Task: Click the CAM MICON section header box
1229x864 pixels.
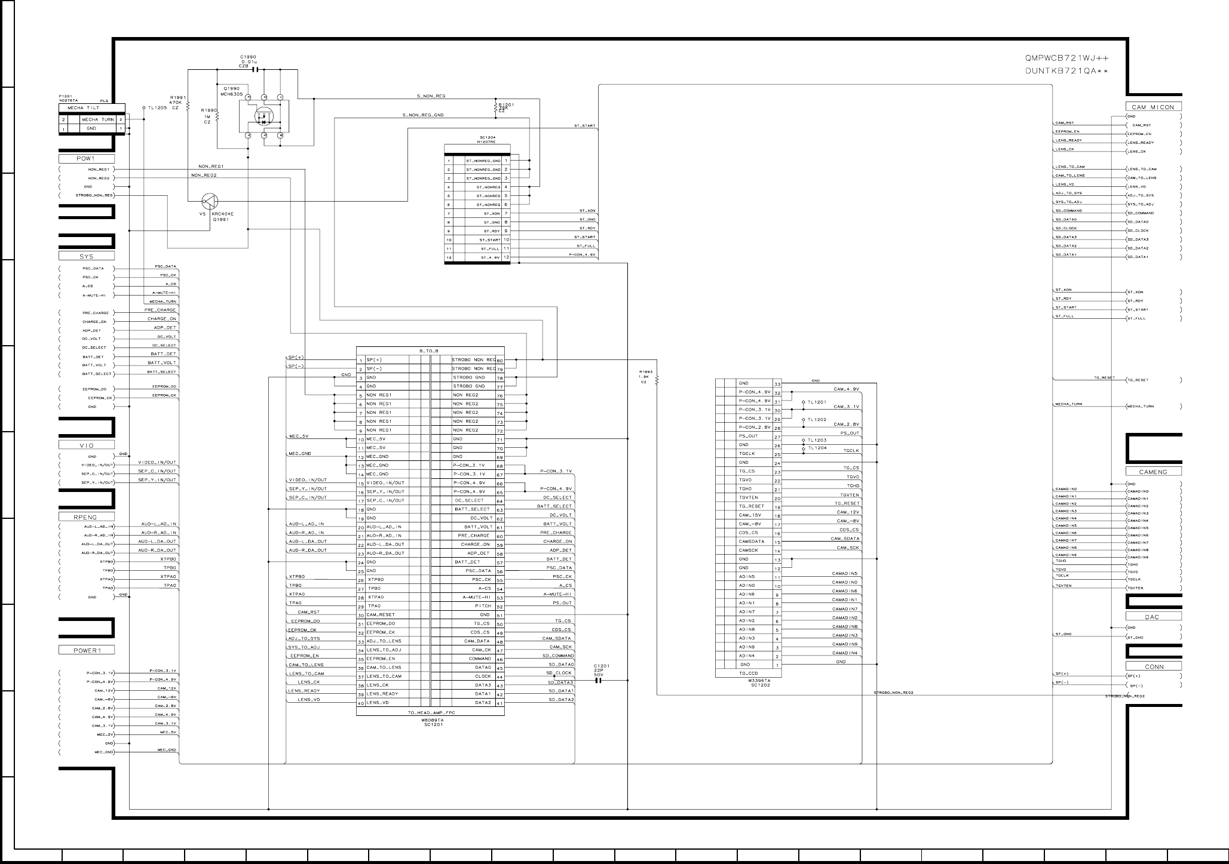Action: tap(1153, 107)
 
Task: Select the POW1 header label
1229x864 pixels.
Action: tap(86, 159)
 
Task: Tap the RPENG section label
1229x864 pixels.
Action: tap(86, 516)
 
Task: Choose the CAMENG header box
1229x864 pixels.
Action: tap(1153, 472)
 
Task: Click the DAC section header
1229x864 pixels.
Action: tap(1153, 616)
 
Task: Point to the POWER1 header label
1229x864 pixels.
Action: tap(86, 650)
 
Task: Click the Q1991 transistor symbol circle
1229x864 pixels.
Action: tap(209, 201)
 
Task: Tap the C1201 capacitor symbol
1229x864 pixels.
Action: tap(599, 680)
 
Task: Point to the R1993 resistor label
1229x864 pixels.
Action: tap(645, 372)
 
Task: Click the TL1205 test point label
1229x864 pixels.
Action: tap(158, 107)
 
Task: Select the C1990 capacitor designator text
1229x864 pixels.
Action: tap(248, 57)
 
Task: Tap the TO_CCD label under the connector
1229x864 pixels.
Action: tap(748, 673)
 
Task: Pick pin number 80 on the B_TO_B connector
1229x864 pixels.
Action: tap(500, 360)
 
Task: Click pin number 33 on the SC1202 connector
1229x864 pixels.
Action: tap(777, 383)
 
